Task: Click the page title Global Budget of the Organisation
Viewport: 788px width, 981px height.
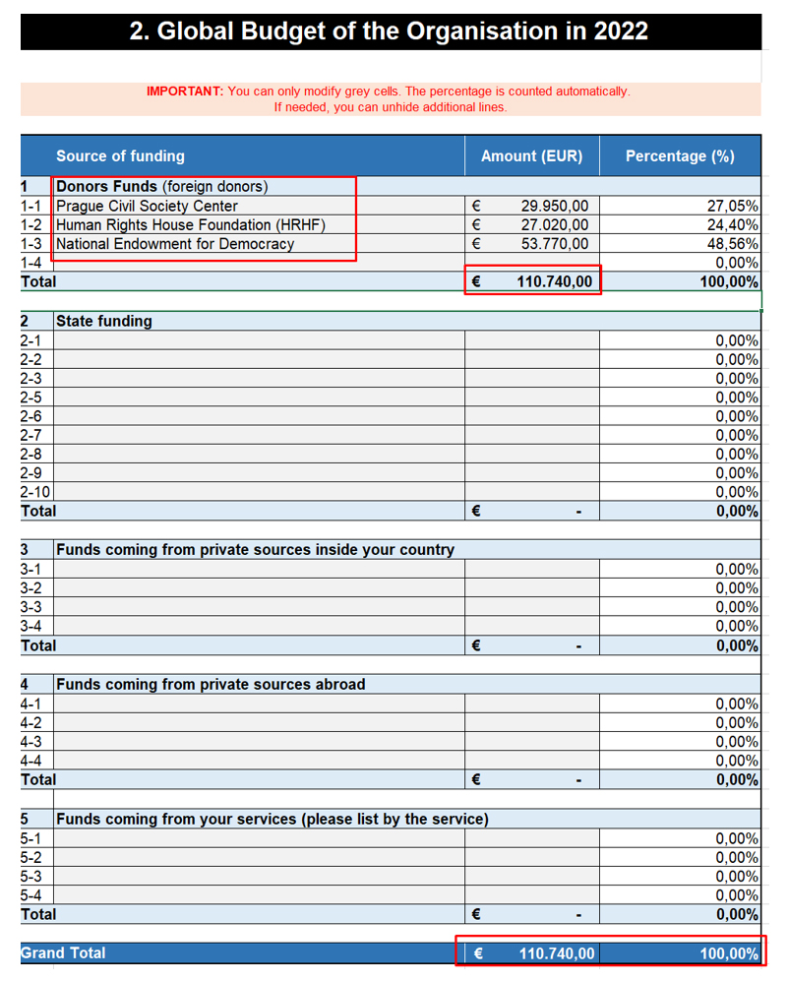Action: coord(389,31)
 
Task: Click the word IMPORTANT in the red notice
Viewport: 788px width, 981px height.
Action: coord(185,92)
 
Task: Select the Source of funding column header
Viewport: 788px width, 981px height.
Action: coord(120,155)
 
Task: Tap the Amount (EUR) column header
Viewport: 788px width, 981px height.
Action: coord(531,155)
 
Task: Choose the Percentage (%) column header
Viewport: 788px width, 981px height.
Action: coord(680,155)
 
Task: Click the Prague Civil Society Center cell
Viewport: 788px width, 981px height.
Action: coord(147,206)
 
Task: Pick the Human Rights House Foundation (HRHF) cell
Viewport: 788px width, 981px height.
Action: coord(190,224)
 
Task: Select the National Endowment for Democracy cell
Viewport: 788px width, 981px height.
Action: coord(175,244)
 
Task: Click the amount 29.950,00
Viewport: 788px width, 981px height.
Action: coord(555,206)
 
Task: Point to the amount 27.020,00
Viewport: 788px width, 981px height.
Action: coord(555,224)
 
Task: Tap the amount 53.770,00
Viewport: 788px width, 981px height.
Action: coord(555,244)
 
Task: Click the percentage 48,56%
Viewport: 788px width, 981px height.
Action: coord(733,244)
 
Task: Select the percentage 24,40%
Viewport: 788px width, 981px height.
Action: coord(733,224)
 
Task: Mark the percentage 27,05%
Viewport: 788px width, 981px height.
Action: coord(733,206)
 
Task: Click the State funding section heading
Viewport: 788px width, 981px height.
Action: coord(104,321)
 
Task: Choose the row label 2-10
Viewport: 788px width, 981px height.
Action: coord(35,492)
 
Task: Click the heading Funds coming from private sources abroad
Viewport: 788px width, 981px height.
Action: coord(211,684)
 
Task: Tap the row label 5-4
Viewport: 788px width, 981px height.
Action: coord(30,895)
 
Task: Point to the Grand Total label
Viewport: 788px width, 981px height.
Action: coord(63,952)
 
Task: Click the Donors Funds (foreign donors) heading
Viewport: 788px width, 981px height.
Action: coord(161,186)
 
